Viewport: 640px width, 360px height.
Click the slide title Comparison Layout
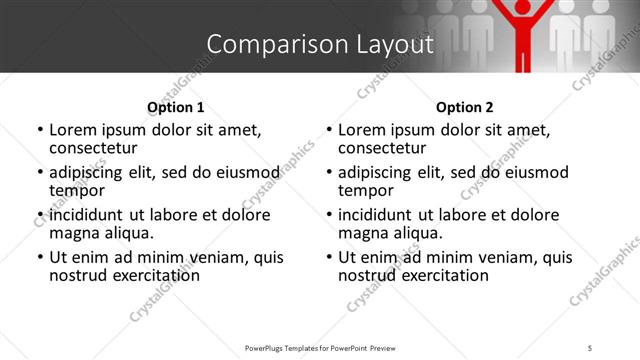320,44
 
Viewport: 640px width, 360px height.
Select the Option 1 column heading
176,107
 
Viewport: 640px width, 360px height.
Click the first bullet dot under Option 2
329,130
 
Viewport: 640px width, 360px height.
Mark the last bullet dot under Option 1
40,257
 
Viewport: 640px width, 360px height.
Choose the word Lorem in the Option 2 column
361,130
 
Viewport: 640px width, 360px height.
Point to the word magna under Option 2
362,233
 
